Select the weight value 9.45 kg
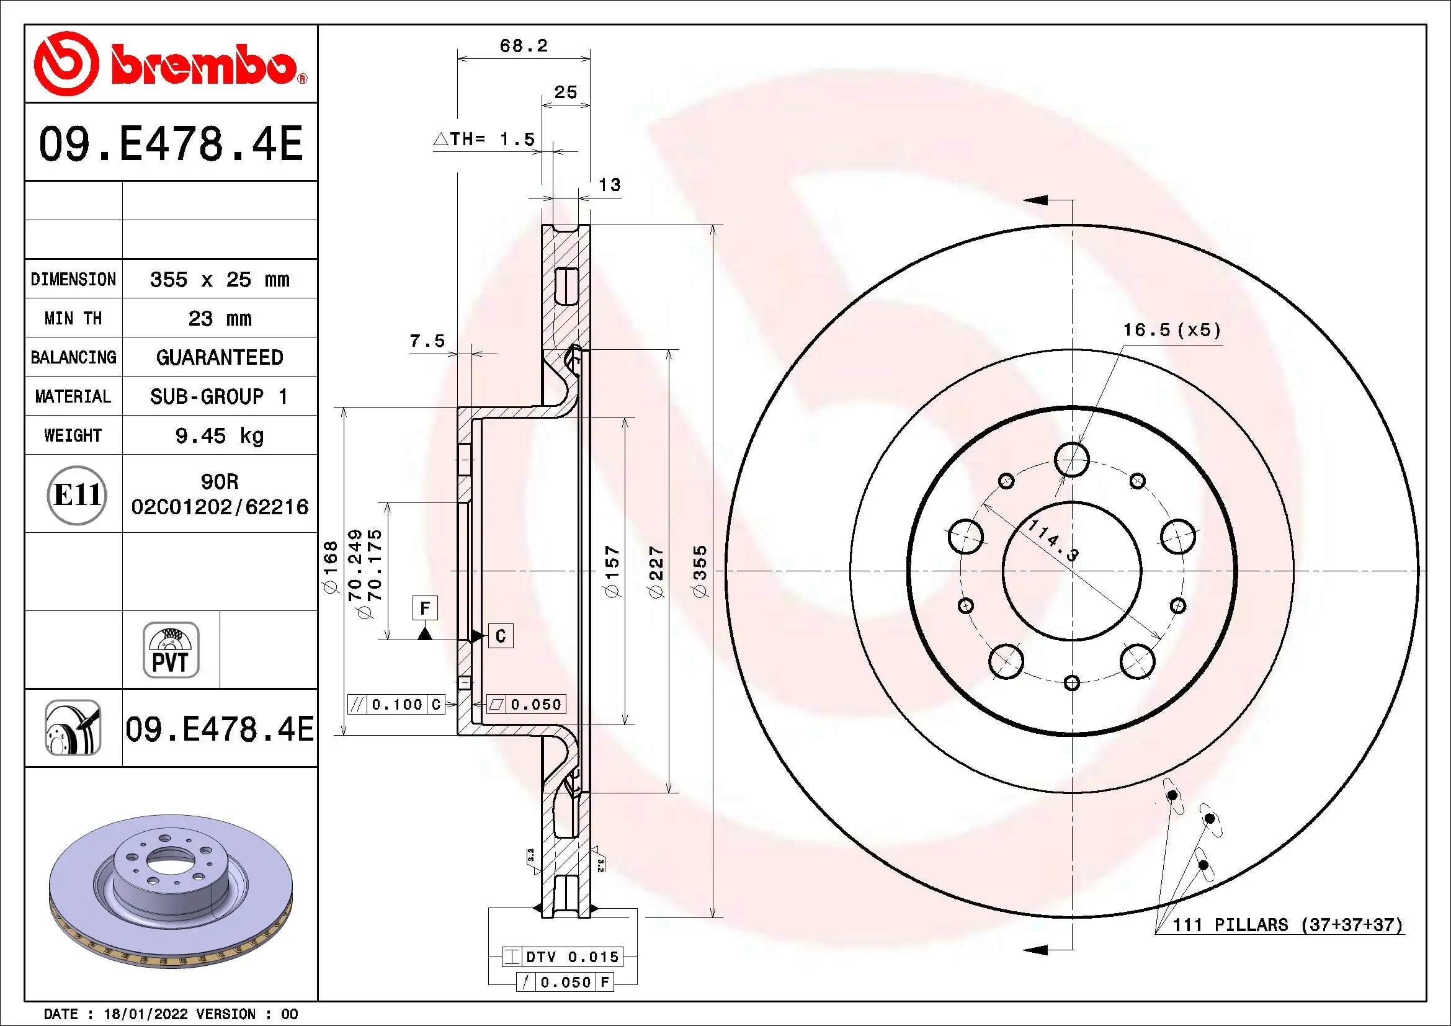[219, 435]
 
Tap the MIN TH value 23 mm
[219, 318]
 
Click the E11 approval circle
[76, 494]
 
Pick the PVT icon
[171, 650]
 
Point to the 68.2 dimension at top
[524, 46]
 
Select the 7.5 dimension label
[427, 341]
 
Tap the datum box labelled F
[425, 609]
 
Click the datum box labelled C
[501, 636]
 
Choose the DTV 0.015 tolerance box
[563, 957]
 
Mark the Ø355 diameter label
[700, 572]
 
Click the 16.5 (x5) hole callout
[1171, 330]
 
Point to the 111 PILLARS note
[1287, 925]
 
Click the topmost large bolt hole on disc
[1072, 459]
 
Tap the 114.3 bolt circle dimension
[1053, 540]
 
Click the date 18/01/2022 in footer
[145, 1014]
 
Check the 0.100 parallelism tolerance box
[396, 705]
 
